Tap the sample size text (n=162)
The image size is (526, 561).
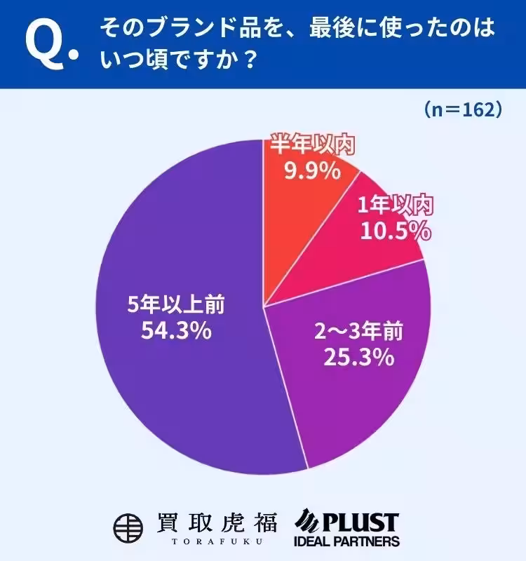click(461, 110)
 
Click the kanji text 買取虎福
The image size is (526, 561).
click(215, 522)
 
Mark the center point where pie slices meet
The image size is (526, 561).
click(263, 306)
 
